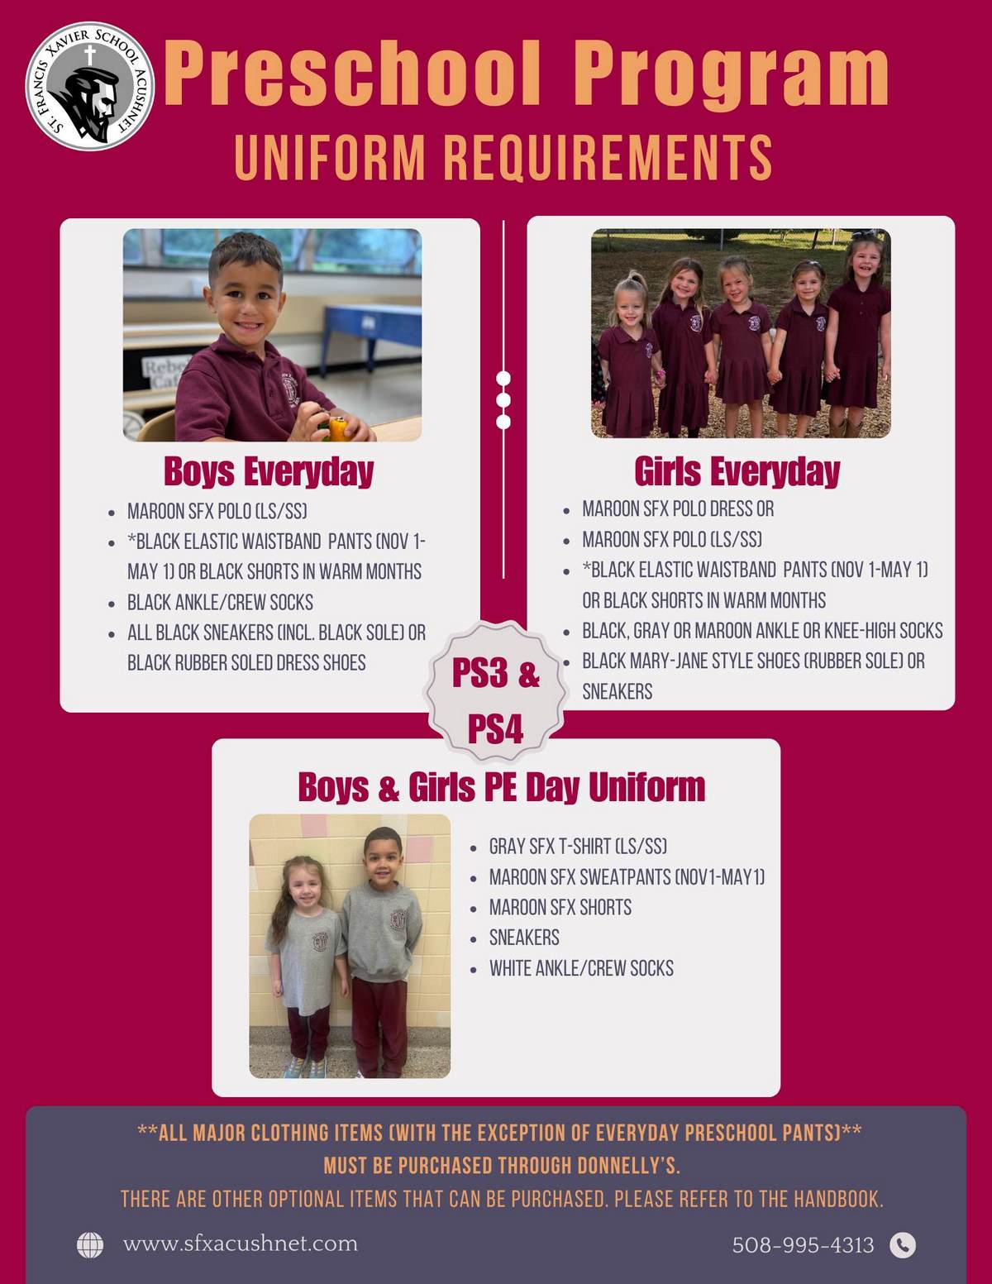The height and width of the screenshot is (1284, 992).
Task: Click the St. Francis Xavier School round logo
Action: (90, 86)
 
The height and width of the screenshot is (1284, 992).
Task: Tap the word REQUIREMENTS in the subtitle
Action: (608, 157)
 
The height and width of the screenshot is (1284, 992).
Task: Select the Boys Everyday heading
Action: (269, 471)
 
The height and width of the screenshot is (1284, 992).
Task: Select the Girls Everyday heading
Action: (737, 471)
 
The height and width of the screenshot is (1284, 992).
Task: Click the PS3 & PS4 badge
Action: (496, 691)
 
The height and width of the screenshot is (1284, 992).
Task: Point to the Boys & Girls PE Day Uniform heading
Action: (502, 787)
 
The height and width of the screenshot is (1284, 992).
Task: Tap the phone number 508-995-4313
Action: (803, 1245)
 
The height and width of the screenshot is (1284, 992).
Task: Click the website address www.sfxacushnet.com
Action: (241, 1243)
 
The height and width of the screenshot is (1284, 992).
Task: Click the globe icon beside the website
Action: (90, 1245)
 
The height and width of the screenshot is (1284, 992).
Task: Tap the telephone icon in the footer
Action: (903, 1245)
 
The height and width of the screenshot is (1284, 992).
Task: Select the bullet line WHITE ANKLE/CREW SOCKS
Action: (581, 968)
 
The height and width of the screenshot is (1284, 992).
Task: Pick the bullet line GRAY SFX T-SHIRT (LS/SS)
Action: (578, 847)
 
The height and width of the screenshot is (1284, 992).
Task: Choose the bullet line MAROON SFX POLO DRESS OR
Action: (678, 508)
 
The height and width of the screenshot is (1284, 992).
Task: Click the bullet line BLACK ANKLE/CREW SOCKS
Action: (221, 602)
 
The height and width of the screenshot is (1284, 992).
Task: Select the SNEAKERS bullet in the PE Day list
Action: (524, 938)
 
